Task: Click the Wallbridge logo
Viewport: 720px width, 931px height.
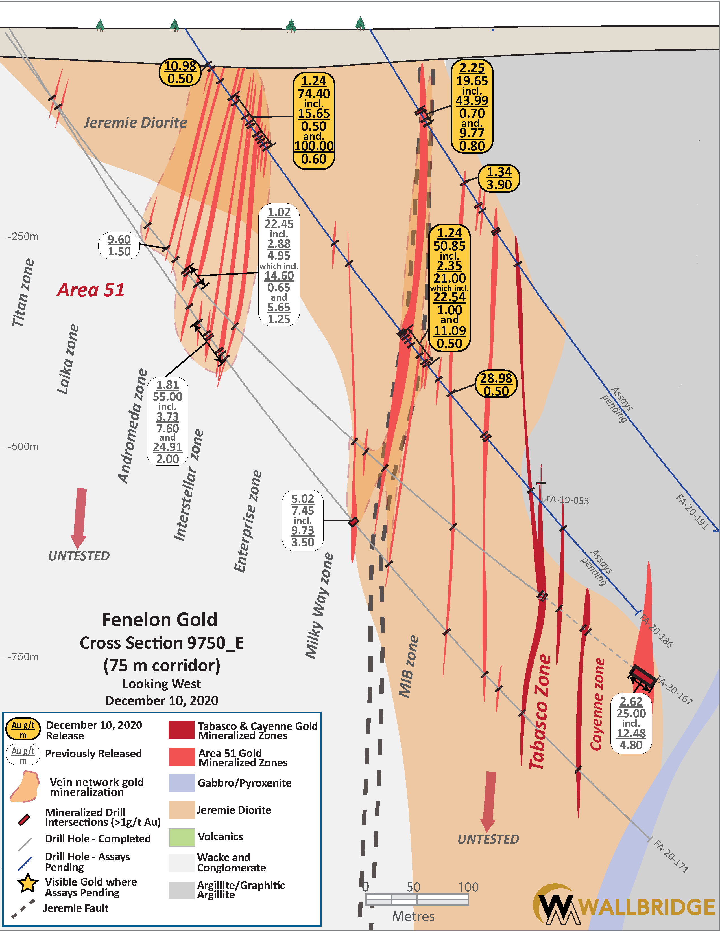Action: point(624,907)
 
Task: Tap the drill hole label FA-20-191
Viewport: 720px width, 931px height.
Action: point(692,511)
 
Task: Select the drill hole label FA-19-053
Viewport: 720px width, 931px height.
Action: point(567,500)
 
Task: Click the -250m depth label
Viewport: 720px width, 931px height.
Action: point(23,237)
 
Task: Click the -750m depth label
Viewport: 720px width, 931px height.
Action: point(23,657)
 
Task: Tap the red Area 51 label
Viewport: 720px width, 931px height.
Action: point(91,290)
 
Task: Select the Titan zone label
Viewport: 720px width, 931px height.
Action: point(22,293)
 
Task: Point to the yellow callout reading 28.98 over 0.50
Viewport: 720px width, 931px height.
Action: point(496,384)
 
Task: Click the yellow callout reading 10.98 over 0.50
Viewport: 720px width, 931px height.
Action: point(180,72)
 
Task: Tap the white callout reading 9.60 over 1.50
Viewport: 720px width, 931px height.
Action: point(119,245)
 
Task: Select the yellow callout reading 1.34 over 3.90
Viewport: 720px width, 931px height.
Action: point(499,178)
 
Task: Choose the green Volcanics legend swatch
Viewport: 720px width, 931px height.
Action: point(182,837)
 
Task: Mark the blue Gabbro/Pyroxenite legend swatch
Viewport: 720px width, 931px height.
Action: point(182,783)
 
